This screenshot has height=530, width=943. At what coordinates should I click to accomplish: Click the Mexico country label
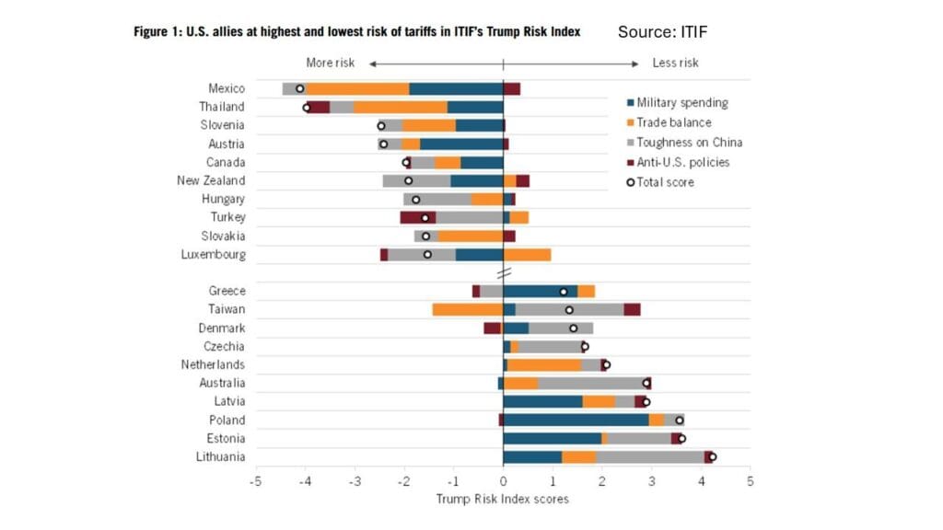(x=227, y=88)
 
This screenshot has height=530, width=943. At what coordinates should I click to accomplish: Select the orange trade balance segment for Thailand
(x=401, y=107)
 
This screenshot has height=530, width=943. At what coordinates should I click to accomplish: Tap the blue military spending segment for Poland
(x=576, y=420)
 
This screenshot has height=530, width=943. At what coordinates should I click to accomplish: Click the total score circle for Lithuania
(x=712, y=456)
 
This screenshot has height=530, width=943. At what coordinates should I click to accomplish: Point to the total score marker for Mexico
(x=299, y=88)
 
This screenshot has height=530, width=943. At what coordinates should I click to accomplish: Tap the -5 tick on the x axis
(x=256, y=481)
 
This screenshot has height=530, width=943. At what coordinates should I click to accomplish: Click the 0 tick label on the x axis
(x=503, y=481)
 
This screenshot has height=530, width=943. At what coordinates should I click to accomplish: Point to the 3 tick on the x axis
(x=651, y=481)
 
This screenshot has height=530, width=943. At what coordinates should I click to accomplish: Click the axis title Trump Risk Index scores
(x=503, y=499)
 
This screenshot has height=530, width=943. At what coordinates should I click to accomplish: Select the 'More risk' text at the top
(x=330, y=63)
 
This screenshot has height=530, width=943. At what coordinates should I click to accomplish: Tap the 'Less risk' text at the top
(x=675, y=63)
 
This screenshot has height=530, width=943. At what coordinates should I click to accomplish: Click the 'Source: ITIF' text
(x=662, y=32)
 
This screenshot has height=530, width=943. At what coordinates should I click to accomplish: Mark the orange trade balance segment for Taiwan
(x=467, y=309)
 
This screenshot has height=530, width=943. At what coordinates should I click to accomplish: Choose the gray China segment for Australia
(x=589, y=383)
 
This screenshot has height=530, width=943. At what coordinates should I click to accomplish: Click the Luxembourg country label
(x=214, y=254)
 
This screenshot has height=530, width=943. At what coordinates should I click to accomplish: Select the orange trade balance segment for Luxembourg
(x=527, y=254)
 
